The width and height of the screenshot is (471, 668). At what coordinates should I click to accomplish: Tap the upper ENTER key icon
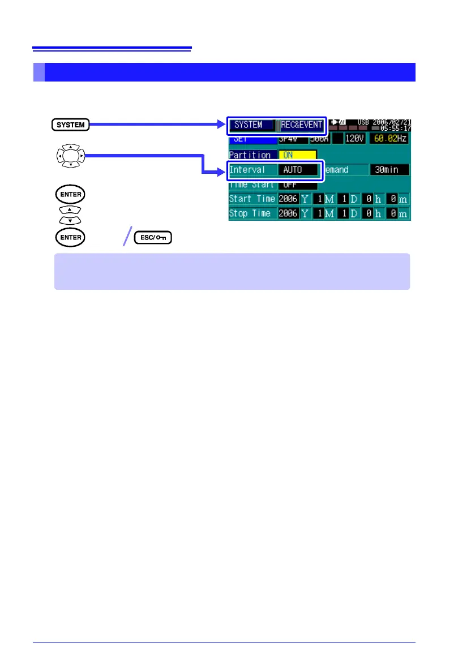69,195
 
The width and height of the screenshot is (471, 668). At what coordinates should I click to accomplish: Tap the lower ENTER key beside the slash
69,238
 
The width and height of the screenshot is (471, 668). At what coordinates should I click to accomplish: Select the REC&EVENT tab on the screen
302,125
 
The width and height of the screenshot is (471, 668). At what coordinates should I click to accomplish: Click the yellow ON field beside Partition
297,155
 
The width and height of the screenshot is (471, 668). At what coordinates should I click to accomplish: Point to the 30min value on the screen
389,169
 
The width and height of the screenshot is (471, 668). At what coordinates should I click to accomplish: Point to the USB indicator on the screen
362,122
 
